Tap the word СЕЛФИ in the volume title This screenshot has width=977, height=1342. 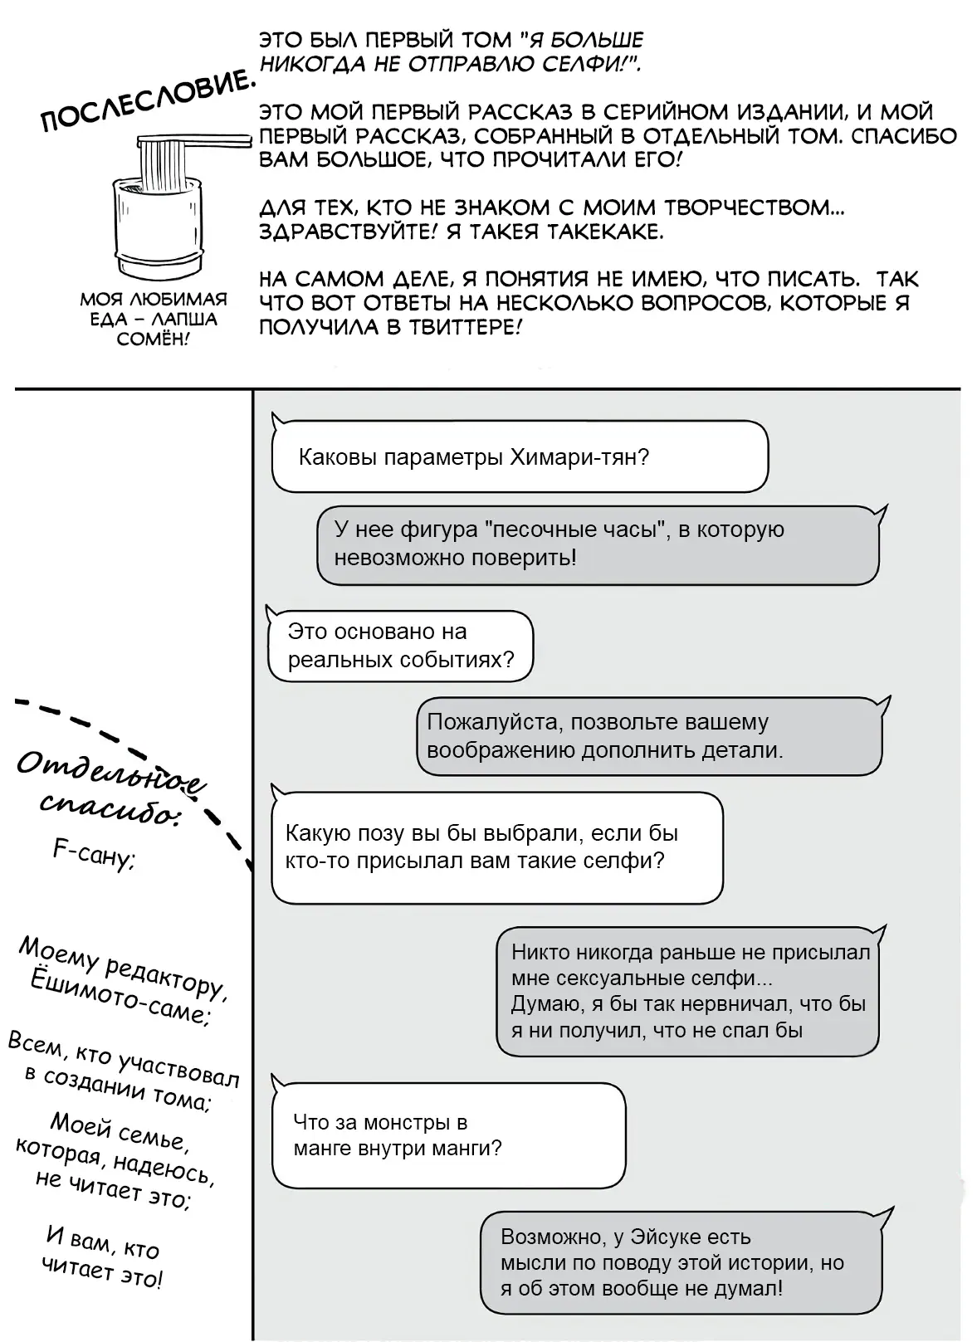pos(590,64)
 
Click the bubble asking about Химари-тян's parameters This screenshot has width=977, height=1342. pos(520,456)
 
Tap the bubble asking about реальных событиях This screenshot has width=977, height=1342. pos(400,646)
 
